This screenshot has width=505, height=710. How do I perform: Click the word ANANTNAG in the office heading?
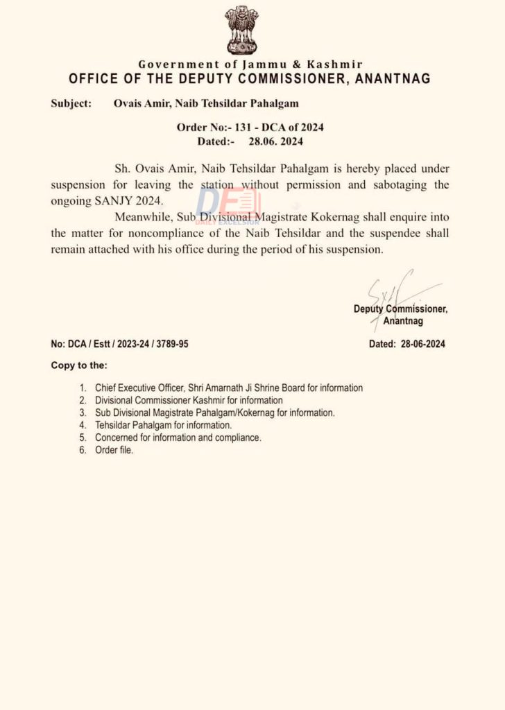tap(392, 78)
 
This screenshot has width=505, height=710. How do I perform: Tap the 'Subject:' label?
tap(71, 104)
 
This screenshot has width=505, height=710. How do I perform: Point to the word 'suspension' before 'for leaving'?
tap(78, 185)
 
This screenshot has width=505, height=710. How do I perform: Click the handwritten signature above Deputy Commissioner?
tap(395, 288)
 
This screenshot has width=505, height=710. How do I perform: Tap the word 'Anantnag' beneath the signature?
tap(403, 321)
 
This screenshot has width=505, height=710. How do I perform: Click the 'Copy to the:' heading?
tap(79, 365)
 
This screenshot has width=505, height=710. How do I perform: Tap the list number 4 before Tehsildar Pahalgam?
tap(82, 425)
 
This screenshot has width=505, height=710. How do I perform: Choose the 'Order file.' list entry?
tap(114, 450)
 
